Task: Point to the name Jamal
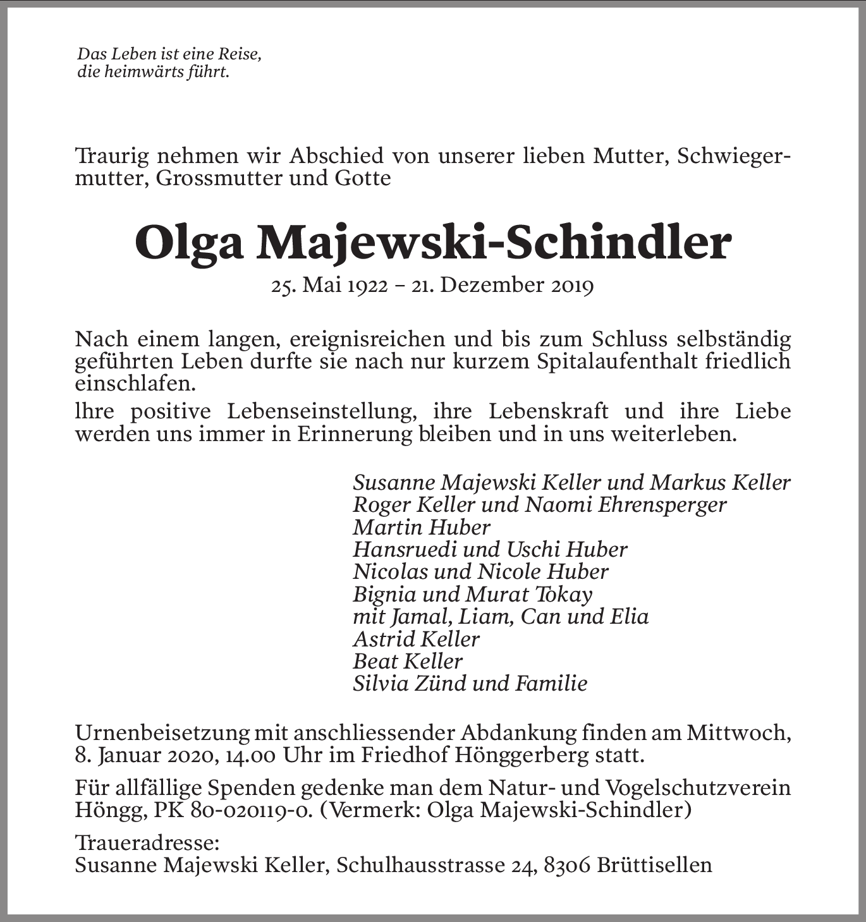coord(416,617)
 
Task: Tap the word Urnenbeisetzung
coord(161,734)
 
